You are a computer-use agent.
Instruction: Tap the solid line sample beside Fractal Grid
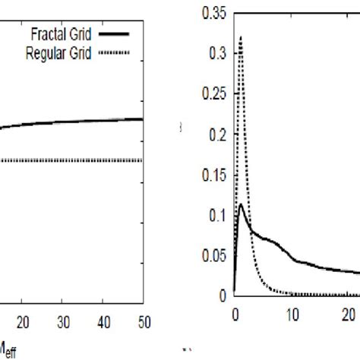pyautogui.click(x=114, y=35)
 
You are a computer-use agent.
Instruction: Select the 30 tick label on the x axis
pyautogui.click(x=63, y=322)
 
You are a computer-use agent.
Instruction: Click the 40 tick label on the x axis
pyautogui.click(x=103, y=322)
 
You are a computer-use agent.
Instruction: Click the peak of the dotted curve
pyautogui.click(x=241, y=36)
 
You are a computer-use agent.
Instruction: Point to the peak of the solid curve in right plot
pyautogui.click(x=242, y=204)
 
